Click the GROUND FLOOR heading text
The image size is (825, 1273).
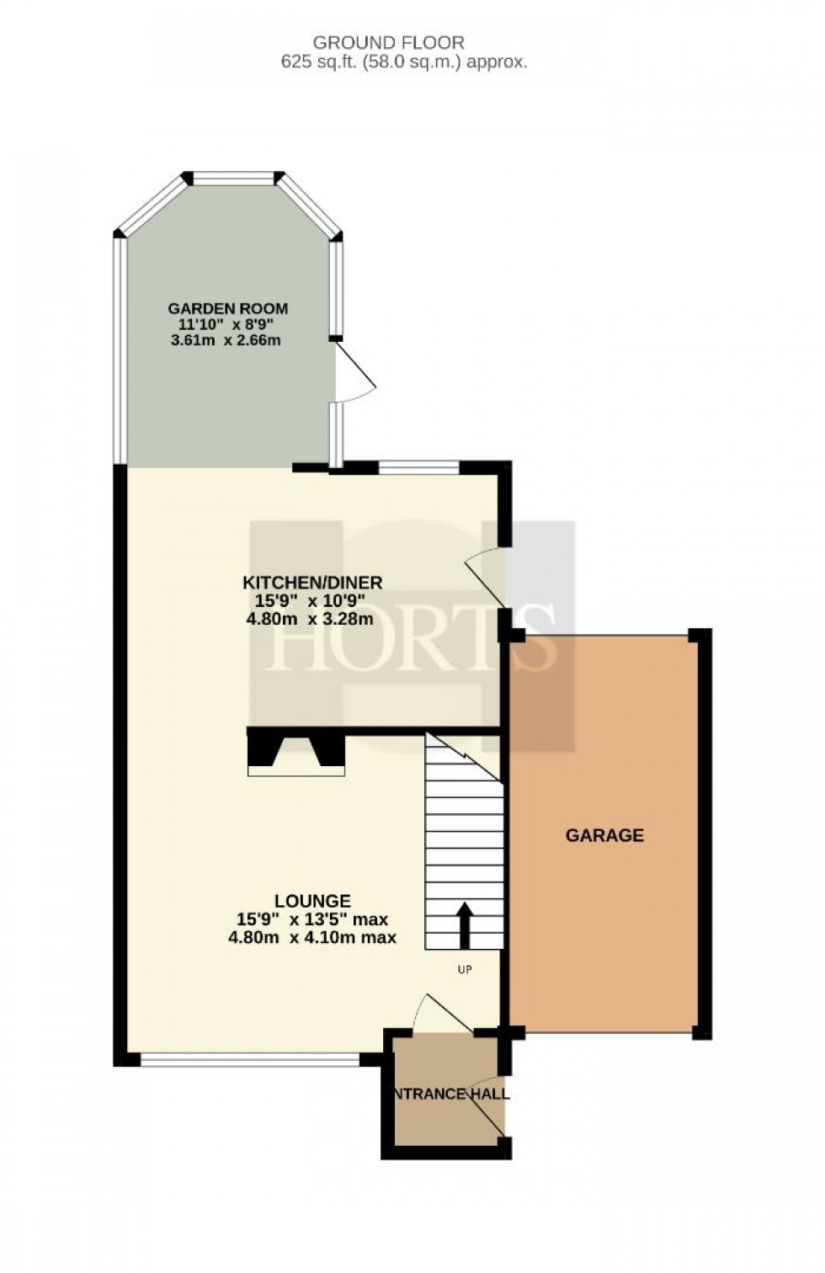pyautogui.click(x=388, y=42)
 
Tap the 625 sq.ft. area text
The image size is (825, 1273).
pyautogui.click(x=404, y=61)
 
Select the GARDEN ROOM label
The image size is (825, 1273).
pyautogui.click(x=228, y=308)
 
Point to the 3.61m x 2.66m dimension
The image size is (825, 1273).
pyautogui.click(x=225, y=341)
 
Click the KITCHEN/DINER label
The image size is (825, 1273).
pyautogui.click(x=312, y=582)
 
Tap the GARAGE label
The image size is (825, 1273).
pyautogui.click(x=604, y=835)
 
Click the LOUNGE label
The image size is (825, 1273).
pyautogui.click(x=312, y=901)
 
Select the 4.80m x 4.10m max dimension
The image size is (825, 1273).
pyautogui.click(x=312, y=937)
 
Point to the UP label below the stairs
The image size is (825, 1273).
pyautogui.click(x=464, y=970)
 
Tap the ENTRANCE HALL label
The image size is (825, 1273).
pyautogui.click(x=450, y=1094)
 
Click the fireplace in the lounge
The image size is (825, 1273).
pyautogui.click(x=295, y=752)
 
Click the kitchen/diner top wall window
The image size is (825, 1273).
pyautogui.click(x=418, y=466)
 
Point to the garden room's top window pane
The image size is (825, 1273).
pyautogui.click(x=233, y=178)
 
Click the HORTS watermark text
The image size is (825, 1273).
pyautogui.click(x=412, y=645)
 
